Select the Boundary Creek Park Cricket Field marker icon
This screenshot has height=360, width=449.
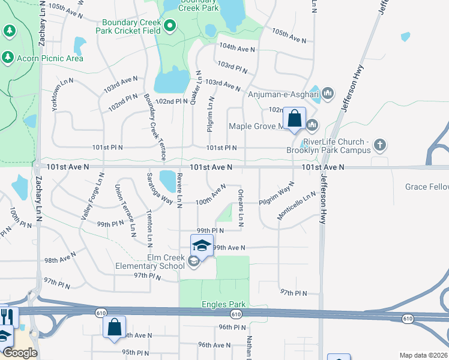pos(170,25)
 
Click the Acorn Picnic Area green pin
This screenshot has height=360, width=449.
pos(8,58)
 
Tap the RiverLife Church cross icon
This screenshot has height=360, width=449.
pos(379,145)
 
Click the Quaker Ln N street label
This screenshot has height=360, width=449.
pos(195,88)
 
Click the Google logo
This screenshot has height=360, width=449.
pos(19,353)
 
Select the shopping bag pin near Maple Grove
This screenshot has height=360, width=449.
pos(295,119)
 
